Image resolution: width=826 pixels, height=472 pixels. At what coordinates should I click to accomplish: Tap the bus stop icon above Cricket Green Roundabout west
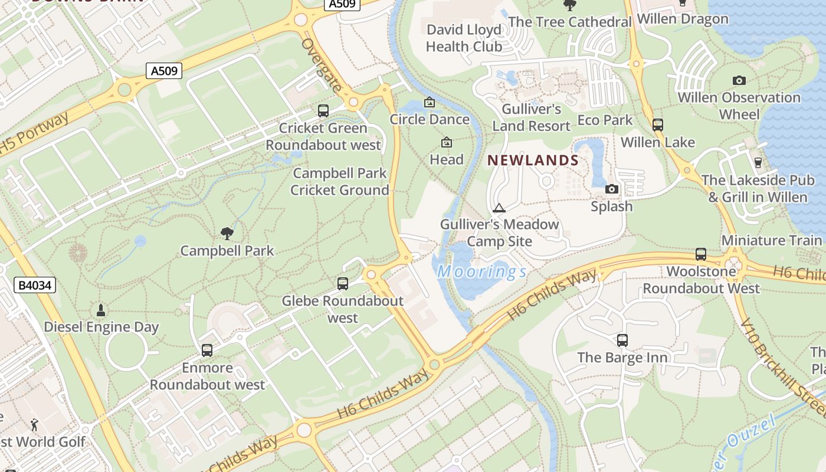pos(323,110)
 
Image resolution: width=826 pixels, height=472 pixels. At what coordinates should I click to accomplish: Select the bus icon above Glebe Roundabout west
pos(343,284)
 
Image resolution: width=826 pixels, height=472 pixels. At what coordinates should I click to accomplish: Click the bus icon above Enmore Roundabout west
pos(206,350)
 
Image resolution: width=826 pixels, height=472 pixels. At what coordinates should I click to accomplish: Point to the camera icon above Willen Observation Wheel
pos(739,80)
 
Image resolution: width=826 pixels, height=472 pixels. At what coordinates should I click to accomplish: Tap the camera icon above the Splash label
pos(612,189)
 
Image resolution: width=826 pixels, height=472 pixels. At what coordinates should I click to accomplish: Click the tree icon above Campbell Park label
pos(227,234)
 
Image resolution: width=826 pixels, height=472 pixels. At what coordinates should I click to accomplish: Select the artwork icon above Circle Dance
pos(430,103)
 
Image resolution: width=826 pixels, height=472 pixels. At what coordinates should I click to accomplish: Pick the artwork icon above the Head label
pos(446,142)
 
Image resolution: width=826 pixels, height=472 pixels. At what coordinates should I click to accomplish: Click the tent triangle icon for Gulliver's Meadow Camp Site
pos(499,208)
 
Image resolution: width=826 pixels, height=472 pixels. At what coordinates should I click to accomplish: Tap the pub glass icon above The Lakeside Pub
pos(758,162)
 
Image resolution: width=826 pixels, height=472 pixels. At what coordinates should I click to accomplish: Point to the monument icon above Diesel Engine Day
pos(101,310)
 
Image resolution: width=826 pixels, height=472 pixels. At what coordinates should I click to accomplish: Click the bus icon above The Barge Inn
pos(622,340)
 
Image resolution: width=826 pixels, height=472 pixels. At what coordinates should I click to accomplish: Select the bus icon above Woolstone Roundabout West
pos(701,254)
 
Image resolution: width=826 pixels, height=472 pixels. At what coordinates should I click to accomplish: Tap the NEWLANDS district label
pos(533,160)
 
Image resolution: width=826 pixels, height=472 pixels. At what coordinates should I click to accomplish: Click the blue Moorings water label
pos(481,272)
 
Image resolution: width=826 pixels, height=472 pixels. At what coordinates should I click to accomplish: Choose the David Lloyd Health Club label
pos(464,38)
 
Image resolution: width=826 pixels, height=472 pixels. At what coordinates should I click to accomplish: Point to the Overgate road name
pos(322,65)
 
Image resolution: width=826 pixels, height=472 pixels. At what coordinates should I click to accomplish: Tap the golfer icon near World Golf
pos(35,424)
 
